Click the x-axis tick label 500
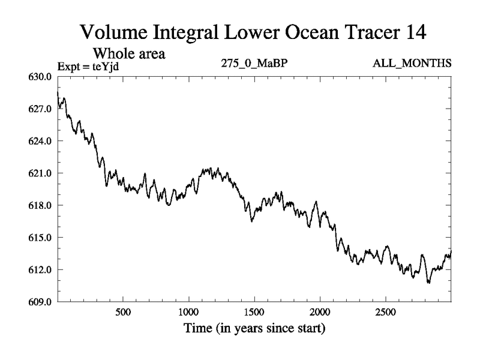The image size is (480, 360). tap(123, 313)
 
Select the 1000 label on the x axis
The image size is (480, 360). tap(188, 313)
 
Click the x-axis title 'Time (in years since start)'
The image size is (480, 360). tap(254, 329)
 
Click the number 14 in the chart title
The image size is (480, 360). tap(413, 32)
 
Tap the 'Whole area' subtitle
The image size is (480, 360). tap(128, 53)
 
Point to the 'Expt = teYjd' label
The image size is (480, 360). tap(88, 65)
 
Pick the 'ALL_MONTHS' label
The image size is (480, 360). tap(419, 64)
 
